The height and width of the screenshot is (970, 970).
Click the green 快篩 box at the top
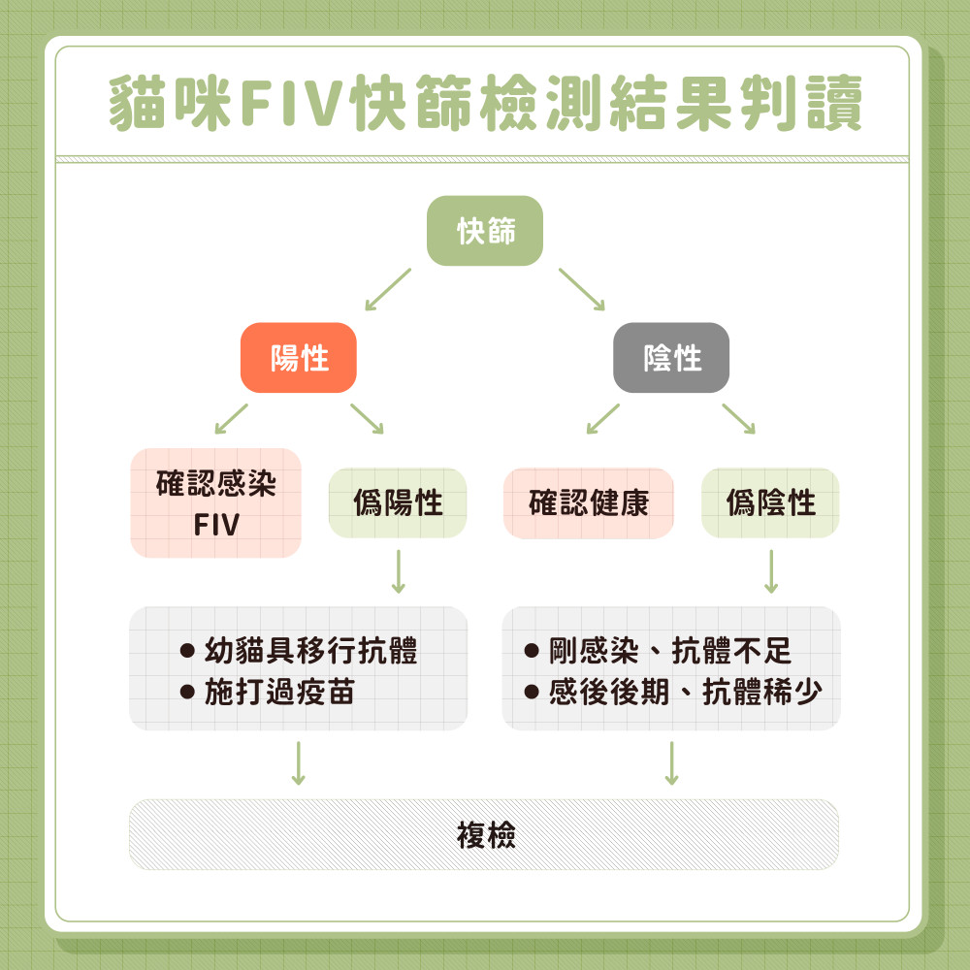485,231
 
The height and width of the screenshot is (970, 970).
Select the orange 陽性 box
299,358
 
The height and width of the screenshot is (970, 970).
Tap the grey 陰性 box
671,358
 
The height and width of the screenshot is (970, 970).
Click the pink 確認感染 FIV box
216,503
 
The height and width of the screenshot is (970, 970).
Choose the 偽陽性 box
398,503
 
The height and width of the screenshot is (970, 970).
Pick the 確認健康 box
589,503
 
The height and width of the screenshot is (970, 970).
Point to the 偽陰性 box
770,503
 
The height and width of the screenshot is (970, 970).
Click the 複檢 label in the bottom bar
485,834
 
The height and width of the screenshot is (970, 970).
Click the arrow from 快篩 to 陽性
387,290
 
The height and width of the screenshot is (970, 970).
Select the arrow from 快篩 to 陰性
582,290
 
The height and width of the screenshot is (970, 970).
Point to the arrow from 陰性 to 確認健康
602,418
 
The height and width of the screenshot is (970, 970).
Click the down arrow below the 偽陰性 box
771,571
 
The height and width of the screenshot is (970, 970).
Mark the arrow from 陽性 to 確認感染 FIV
231,418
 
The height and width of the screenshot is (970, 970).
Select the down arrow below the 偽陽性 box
398,571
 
